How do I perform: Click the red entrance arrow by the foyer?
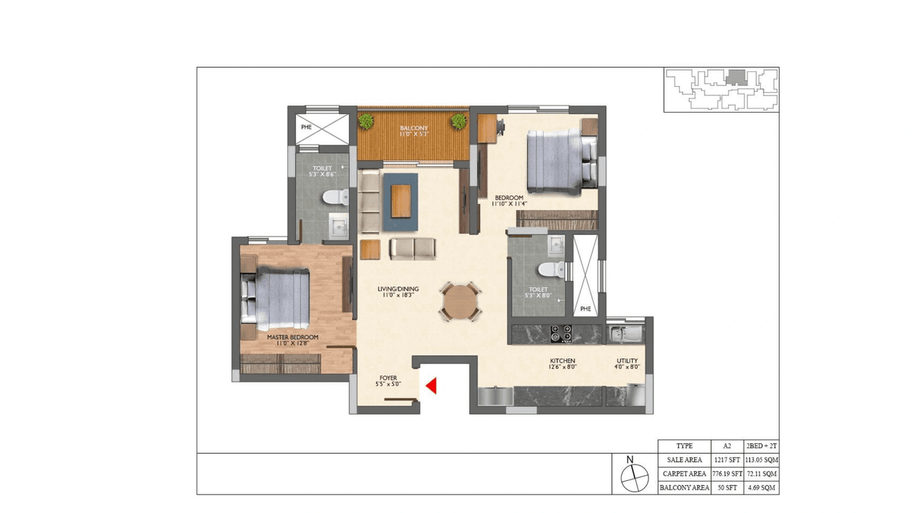[431, 386]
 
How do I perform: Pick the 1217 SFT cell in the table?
[727, 460]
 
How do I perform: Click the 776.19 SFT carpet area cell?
[727, 474]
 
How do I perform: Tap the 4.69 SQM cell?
[761, 488]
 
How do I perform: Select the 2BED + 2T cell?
[761, 445]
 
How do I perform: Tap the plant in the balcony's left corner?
[366, 122]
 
